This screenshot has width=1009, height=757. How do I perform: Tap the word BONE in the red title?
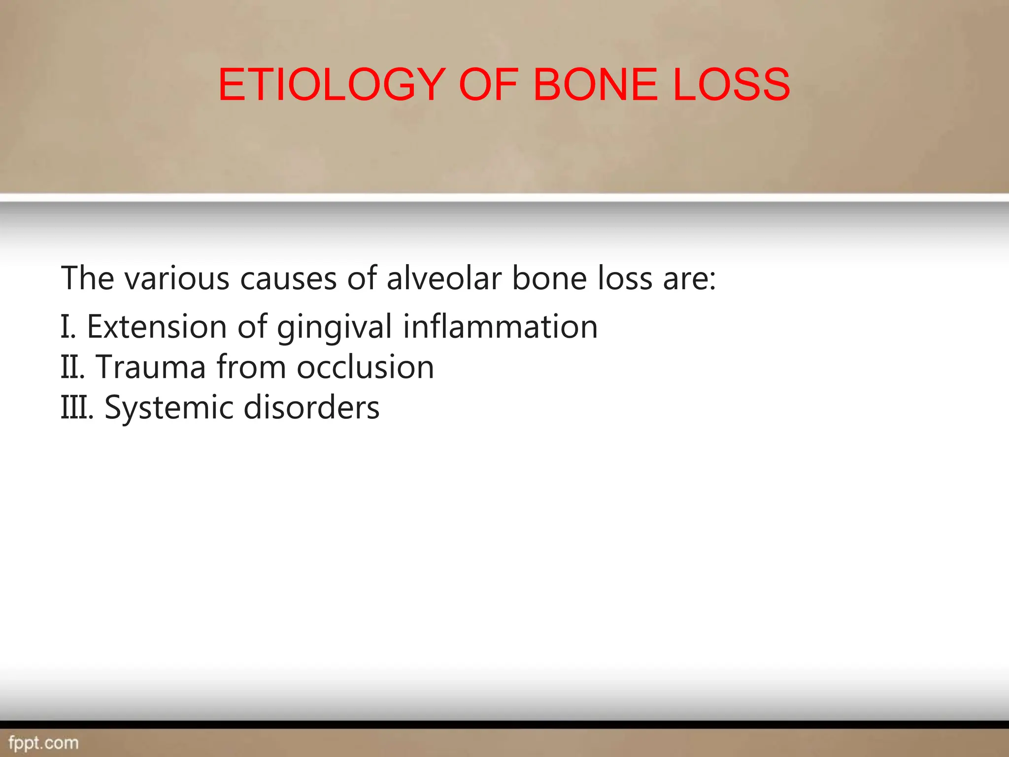(x=595, y=85)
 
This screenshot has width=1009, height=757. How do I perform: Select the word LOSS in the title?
(x=731, y=85)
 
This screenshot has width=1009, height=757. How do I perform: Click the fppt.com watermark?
(x=43, y=743)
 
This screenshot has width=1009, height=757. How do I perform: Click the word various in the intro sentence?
(x=177, y=278)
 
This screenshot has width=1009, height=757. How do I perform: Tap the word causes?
(x=288, y=278)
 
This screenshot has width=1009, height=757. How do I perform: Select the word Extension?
(x=156, y=327)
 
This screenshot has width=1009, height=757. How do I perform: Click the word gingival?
(x=335, y=328)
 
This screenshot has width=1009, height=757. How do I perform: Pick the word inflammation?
(x=500, y=327)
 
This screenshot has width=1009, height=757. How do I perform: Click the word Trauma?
(x=150, y=367)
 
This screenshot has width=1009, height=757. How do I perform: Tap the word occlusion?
(x=365, y=367)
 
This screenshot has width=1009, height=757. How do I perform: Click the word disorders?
(x=311, y=408)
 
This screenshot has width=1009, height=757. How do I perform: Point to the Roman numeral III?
(x=76, y=408)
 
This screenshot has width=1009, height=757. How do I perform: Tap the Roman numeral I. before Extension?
(x=68, y=327)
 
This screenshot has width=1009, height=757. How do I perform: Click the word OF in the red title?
(x=488, y=85)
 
